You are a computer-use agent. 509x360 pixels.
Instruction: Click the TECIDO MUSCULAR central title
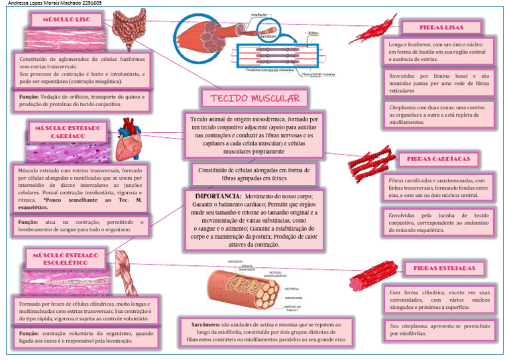[254, 99]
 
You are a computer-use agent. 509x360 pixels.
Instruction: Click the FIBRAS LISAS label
[441, 27]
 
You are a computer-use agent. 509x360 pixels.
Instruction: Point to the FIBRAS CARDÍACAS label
[439, 159]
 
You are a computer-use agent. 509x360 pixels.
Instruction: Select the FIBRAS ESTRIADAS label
[444, 269]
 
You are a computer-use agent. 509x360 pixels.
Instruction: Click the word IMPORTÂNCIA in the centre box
[217, 197]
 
